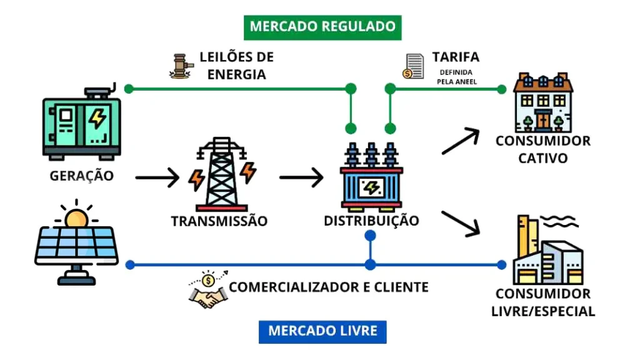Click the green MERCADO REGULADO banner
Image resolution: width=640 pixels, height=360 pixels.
(322, 26)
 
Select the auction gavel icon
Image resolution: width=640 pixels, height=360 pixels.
(181, 66)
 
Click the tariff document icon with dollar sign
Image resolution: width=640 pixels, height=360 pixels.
(413, 66)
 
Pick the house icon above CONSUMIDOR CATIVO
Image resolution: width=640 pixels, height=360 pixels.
(542, 103)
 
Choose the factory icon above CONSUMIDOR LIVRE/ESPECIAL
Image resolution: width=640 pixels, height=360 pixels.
(547, 250)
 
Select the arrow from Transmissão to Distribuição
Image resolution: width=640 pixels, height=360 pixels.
(301, 178)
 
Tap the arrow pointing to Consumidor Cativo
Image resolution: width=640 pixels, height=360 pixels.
(461, 141)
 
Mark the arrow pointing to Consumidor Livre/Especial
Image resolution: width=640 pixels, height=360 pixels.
(461, 224)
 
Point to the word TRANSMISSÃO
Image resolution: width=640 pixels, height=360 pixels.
(219, 221)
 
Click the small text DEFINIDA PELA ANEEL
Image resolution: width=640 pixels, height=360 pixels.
(457, 77)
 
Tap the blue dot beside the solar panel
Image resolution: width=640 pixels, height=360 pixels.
(130, 264)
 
